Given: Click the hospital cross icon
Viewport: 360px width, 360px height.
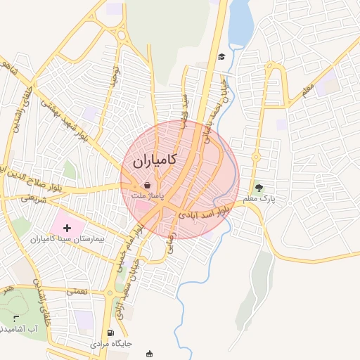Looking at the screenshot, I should (67, 228).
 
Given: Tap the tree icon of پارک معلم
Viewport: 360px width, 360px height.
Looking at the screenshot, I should (259, 188).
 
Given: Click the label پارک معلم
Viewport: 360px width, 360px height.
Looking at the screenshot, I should (259, 199).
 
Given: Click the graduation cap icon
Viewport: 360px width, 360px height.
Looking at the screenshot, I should (221, 56).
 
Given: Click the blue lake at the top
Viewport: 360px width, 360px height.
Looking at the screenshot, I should (240, 21).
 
